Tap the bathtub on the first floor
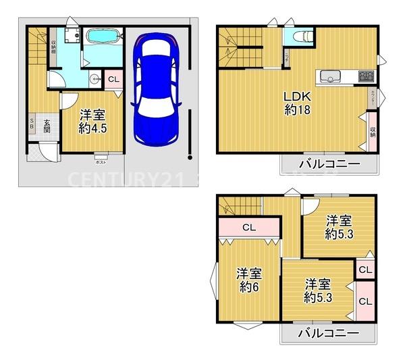pyautogui.click(x=103, y=37)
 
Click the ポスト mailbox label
pyautogui.click(x=101, y=162)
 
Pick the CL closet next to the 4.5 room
pyautogui.click(x=113, y=79)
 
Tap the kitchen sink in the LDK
pyautogui.click(x=329, y=75)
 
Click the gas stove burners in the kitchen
pyautogui.click(x=365, y=75)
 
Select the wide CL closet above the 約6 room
pyautogui.click(x=248, y=228)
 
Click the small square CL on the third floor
pyautogui.click(x=364, y=270)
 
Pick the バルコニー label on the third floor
pyautogui.click(x=327, y=334)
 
